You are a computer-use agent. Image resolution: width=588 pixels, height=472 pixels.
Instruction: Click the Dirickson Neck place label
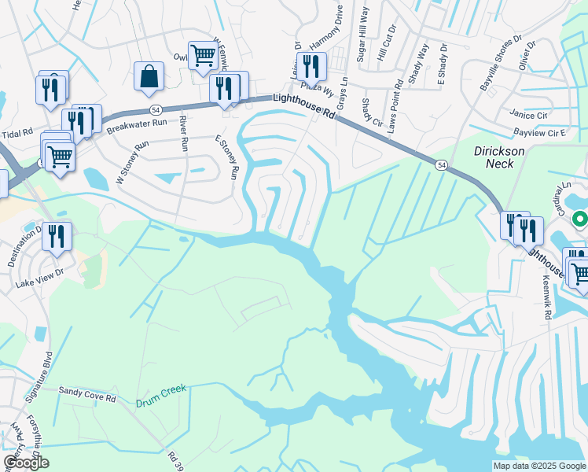494,156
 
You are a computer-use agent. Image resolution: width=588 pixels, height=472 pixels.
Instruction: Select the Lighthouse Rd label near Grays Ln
304,105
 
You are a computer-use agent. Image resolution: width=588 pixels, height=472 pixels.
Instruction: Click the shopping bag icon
149,76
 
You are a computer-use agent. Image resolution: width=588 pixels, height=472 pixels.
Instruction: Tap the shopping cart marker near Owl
203,55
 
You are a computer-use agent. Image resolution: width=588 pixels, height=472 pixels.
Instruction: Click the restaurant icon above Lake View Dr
57,235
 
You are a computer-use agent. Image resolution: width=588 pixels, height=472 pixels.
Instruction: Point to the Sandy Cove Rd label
87,395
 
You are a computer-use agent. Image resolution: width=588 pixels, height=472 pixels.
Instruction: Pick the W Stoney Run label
131,163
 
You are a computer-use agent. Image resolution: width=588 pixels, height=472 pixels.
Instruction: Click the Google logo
26,463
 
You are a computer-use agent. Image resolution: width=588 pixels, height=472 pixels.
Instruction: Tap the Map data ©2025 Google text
538,466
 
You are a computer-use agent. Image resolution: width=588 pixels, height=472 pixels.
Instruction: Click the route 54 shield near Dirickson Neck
443,164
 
